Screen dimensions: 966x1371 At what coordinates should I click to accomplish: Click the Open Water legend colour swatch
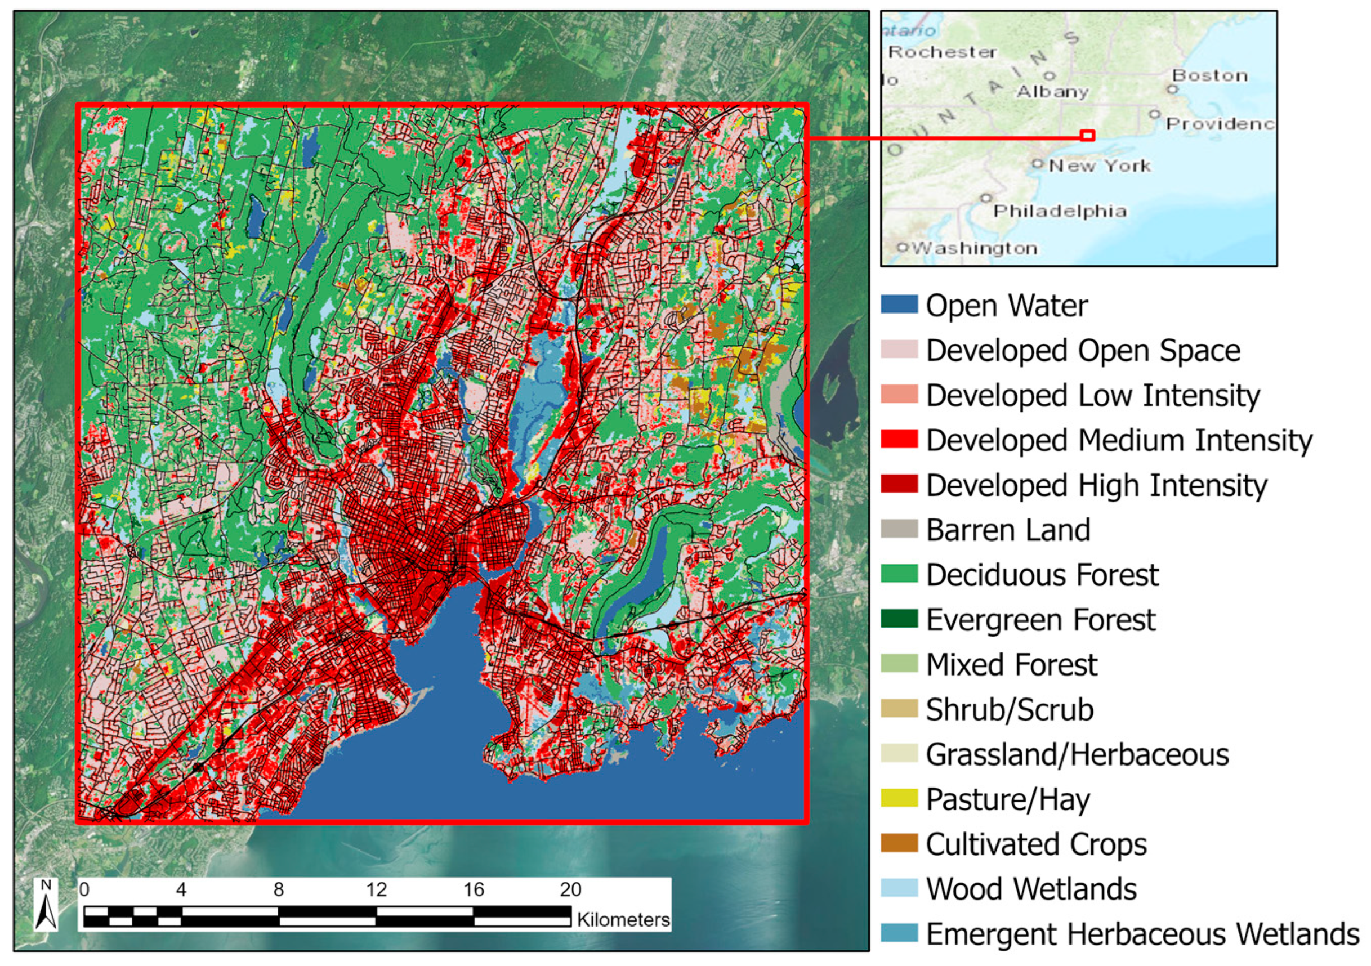pyautogui.click(x=899, y=305)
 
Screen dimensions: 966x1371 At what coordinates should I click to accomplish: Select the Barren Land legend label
pyautogui.click(x=1008, y=530)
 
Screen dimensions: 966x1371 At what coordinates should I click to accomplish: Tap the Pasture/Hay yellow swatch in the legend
pyautogui.click(x=899, y=798)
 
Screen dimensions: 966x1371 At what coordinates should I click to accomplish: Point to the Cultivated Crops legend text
pyautogui.click(x=1036, y=844)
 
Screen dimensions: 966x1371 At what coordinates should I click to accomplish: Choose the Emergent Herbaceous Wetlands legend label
pyautogui.click(x=1142, y=934)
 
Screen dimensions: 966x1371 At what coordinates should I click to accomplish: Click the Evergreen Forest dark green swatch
pyautogui.click(x=899, y=619)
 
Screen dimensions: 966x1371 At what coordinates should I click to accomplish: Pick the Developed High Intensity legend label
pyautogui.click(x=1096, y=485)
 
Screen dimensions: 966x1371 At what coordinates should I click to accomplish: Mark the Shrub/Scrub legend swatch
pyautogui.click(x=899, y=709)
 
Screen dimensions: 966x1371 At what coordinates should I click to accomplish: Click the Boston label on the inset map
pyautogui.click(x=1210, y=75)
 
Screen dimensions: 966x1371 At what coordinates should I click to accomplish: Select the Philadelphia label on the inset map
pyautogui.click(x=1060, y=211)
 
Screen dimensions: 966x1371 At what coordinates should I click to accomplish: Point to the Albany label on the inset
pyautogui.click(x=1053, y=91)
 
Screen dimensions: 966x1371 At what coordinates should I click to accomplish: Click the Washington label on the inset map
pyautogui.click(x=975, y=248)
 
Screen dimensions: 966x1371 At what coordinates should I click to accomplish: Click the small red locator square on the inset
pyautogui.click(x=1087, y=136)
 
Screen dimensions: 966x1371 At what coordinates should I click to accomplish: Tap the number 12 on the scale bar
pyautogui.click(x=376, y=889)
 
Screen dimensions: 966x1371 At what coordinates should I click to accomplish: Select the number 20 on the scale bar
pyautogui.click(x=570, y=889)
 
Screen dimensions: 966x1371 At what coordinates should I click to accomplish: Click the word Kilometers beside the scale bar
pyautogui.click(x=623, y=919)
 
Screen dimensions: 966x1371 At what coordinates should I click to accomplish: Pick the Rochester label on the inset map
pyautogui.click(x=943, y=52)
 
